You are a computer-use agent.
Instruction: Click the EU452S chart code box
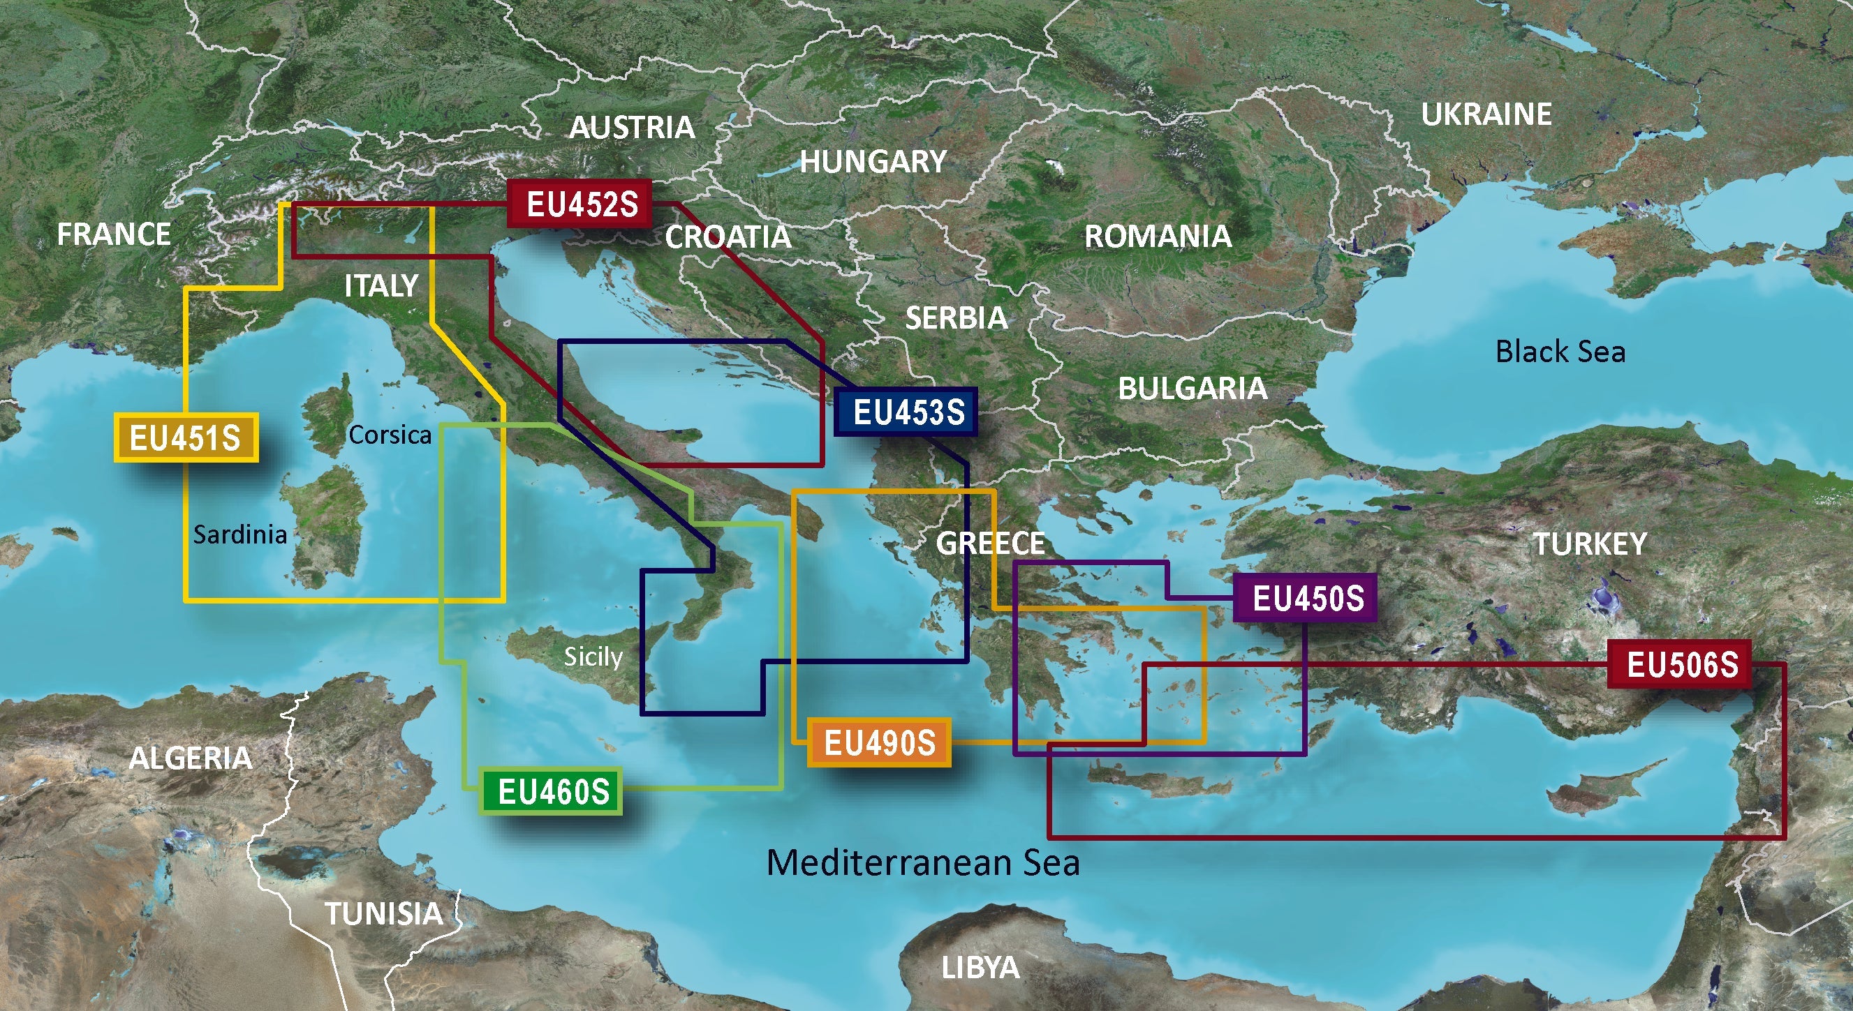coord(581,204)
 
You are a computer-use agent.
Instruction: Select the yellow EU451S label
coord(186,438)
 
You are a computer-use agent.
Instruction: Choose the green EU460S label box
coord(552,792)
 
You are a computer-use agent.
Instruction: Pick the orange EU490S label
coord(879,743)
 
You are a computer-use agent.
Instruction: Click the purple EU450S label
coord(1306,597)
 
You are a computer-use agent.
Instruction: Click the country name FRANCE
coord(114,234)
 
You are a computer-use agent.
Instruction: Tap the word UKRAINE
coord(1486,114)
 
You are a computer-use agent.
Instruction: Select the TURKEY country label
coord(1590,544)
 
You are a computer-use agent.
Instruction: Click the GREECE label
coord(990,543)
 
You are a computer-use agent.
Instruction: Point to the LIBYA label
coord(980,968)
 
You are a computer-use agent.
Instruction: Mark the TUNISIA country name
coord(384,914)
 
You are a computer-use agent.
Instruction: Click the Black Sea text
coord(1560,352)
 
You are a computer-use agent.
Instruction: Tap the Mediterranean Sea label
coord(923,862)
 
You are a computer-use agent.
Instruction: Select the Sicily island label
coord(593,656)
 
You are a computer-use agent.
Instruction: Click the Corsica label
coord(390,434)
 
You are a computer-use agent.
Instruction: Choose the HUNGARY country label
coord(873,162)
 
